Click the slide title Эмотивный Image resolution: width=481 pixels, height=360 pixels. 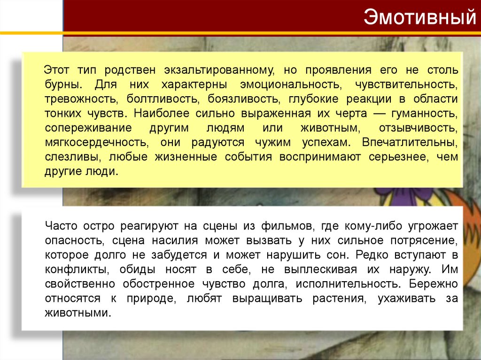tap(419, 19)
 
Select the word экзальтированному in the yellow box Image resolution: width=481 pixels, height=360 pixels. tap(219, 70)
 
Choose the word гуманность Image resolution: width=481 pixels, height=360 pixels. tap(426, 114)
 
